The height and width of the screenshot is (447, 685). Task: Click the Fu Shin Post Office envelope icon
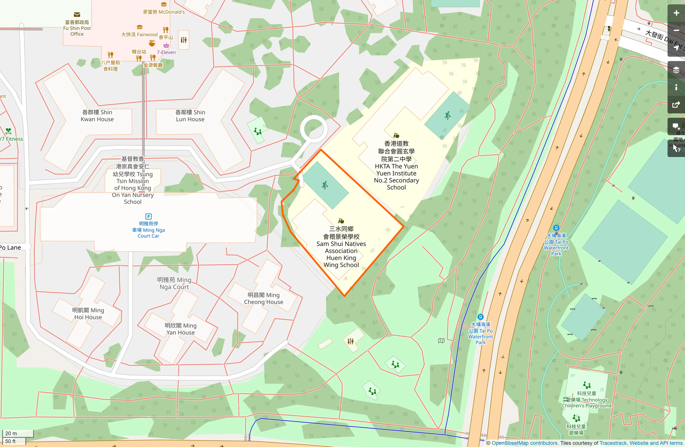pyautogui.click(x=77, y=15)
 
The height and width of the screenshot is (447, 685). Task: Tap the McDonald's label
pyautogui.click(x=164, y=12)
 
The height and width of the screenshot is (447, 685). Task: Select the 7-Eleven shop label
pyautogui.click(x=166, y=52)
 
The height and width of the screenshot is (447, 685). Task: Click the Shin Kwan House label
pyautogui.click(x=97, y=116)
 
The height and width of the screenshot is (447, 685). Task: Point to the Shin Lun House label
pyautogui.click(x=190, y=116)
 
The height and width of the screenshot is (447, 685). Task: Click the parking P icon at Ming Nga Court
pyautogui.click(x=148, y=217)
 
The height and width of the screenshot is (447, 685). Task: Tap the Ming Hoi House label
pyautogui.click(x=88, y=314)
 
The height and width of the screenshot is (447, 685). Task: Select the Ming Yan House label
pyautogui.click(x=180, y=329)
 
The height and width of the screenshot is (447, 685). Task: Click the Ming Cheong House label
pyautogui.click(x=264, y=298)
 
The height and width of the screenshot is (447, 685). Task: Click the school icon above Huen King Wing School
pyautogui.click(x=341, y=221)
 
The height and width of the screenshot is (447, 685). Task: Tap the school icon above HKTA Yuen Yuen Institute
pyautogui.click(x=396, y=136)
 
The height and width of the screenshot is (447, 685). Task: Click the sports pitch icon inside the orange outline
pyautogui.click(x=325, y=185)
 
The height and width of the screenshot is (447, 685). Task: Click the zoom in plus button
pyautogui.click(x=676, y=13)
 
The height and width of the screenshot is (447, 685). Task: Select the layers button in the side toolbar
pyautogui.click(x=676, y=70)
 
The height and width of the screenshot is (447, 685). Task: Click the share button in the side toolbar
pyautogui.click(x=676, y=105)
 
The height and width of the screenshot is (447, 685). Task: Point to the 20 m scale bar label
pyautogui.click(x=11, y=433)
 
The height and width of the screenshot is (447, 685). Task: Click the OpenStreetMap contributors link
pyautogui.click(x=524, y=443)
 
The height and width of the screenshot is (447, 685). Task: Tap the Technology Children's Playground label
pyautogui.click(x=586, y=399)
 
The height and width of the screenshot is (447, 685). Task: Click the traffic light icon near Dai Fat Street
pyautogui.click(x=609, y=29)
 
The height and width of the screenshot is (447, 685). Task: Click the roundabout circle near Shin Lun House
pyautogui.click(x=314, y=128)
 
